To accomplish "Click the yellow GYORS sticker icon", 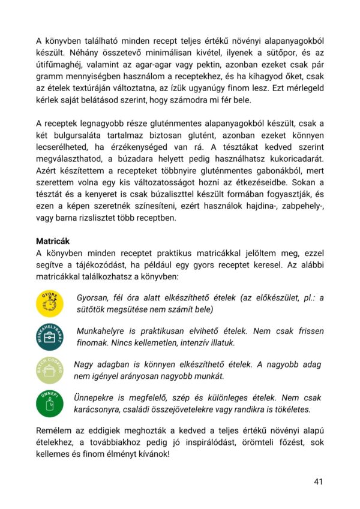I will point(50,304).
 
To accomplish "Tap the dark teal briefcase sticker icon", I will point(50,337).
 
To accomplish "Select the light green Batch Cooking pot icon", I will point(50,370).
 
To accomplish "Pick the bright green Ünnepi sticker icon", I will point(50,403).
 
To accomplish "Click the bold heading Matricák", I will point(55,241).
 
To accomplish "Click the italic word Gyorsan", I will point(95,298).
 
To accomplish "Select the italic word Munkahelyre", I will point(105,331).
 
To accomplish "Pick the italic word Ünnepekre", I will point(98,397).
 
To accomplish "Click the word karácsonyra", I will point(102,409).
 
